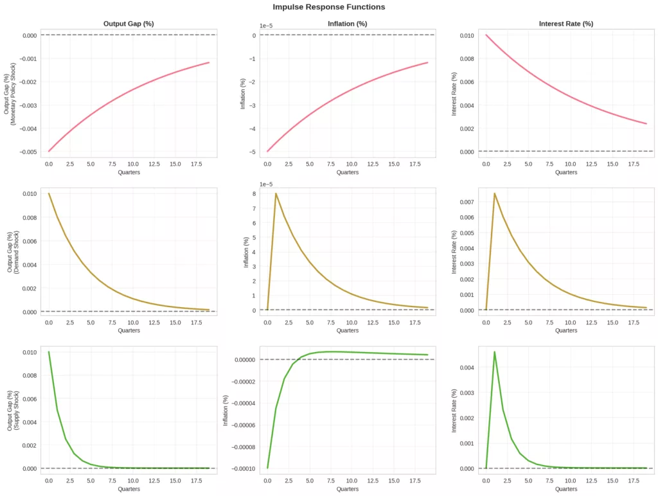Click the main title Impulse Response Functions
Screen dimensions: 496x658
point(328,7)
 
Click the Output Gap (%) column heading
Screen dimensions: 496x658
point(129,24)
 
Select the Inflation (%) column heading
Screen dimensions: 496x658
point(348,24)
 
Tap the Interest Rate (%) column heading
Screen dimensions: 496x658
point(565,24)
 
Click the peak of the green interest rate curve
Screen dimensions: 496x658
point(494,351)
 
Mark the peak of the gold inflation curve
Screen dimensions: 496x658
point(276,193)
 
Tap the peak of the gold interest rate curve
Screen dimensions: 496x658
point(494,193)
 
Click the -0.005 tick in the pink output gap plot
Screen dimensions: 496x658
point(27,152)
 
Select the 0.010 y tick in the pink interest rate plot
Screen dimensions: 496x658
point(466,35)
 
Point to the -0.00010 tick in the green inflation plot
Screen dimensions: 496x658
point(241,468)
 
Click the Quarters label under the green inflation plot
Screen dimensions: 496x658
point(348,490)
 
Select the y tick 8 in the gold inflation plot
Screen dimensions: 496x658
point(255,193)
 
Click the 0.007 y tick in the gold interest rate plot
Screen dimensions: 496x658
point(466,202)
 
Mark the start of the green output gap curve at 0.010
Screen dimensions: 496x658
point(49,352)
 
